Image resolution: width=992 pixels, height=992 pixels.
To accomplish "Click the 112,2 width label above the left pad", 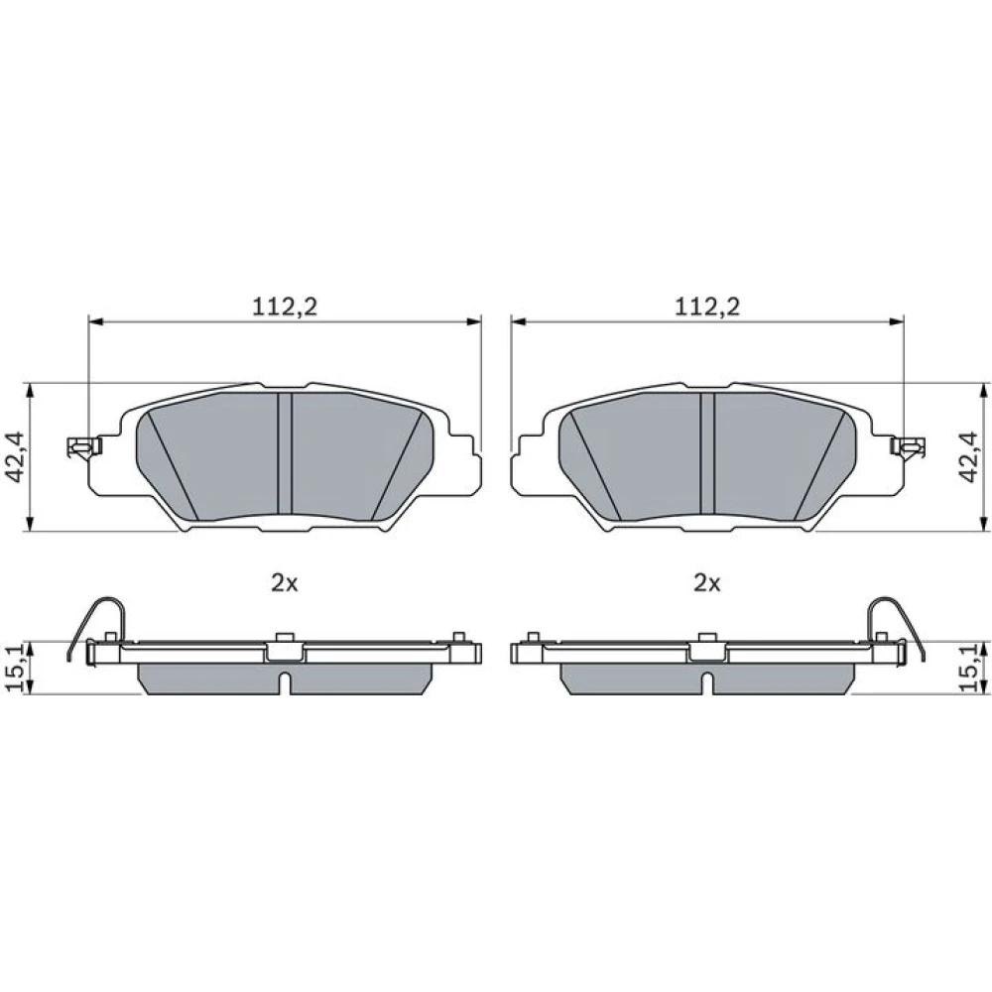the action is (285, 307).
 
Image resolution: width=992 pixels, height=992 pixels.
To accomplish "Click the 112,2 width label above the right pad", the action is (707, 307).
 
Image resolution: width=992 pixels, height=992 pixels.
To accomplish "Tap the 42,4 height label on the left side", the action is (15, 457).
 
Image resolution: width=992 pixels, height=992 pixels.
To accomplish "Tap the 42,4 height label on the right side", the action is (968, 457).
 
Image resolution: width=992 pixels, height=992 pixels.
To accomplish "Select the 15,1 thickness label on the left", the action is (15, 668).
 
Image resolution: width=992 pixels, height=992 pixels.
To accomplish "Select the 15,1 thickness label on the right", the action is (968, 668).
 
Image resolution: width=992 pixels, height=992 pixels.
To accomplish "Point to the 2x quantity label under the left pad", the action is (285, 583).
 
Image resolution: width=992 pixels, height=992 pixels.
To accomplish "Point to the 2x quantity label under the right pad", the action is (707, 583).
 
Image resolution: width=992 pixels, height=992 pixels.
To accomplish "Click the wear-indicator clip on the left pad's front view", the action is (84, 446).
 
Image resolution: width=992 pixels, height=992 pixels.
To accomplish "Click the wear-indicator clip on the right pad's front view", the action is (909, 446).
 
